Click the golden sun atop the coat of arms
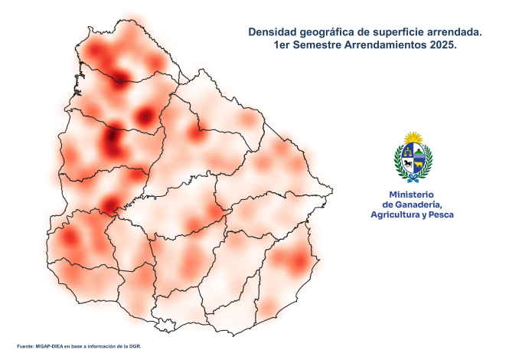413,137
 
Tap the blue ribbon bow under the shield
413,178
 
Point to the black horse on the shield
408,163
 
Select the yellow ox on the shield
419,163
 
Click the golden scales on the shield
408,152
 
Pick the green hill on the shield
419,152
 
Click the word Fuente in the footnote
24,347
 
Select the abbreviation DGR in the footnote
135,347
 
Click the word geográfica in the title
328,32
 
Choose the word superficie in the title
392,32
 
